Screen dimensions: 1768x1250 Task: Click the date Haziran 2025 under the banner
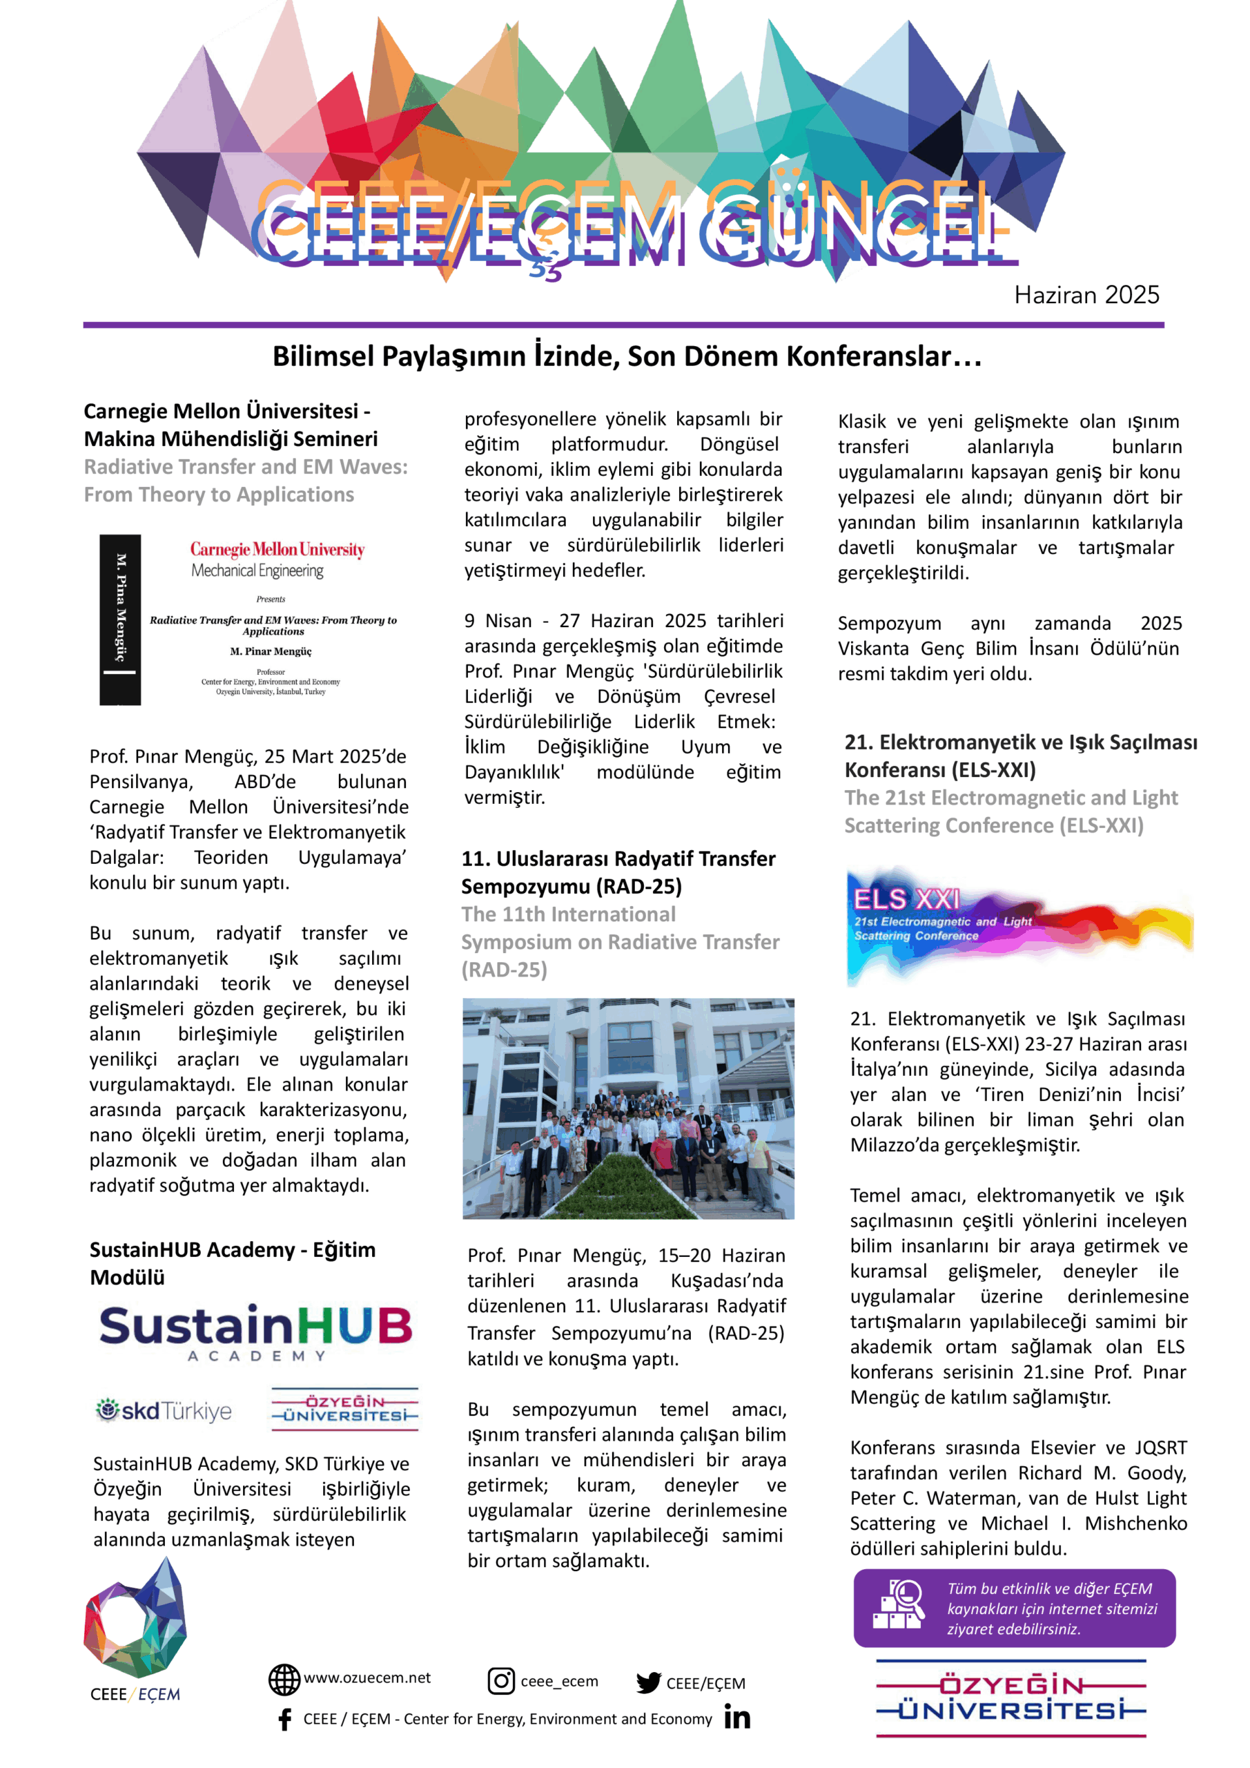pyautogui.click(x=1086, y=295)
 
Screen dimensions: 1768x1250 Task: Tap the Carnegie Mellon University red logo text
pyautogui.click(x=277, y=549)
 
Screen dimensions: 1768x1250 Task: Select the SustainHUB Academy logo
pyautogui.click(x=255, y=1332)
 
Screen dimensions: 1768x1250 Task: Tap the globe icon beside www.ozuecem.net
pyautogui.click(x=284, y=1680)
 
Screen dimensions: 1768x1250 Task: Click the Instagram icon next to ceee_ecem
pyautogui.click(x=501, y=1680)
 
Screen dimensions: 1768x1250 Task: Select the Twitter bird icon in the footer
pyautogui.click(x=648, y=1682)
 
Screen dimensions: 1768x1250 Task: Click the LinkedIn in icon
pyautogui.click(x=736, y=1718)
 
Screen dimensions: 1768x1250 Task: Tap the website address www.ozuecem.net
pyautogui.click(x=367, y=1678)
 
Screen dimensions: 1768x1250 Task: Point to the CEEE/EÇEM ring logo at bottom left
pyautogui.click(x=135, y=1619)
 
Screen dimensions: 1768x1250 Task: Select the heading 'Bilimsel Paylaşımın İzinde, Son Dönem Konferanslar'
pyautogui.click(x=627, y=356)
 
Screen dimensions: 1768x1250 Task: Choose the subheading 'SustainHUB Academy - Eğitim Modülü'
pyautogui.click(x=233, y=1263)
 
